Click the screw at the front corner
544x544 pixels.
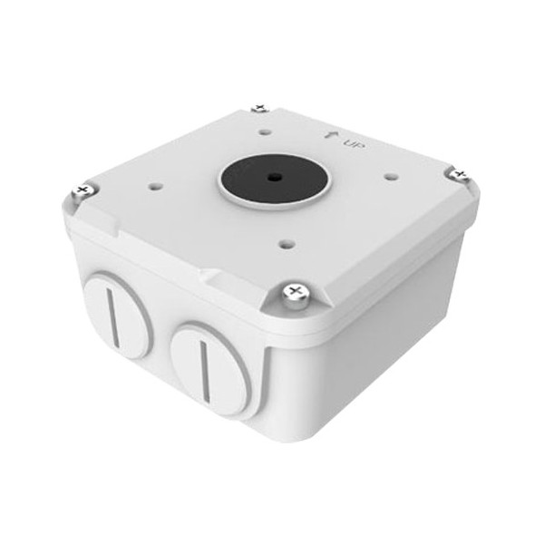pyautogui.click(x=294, y=292)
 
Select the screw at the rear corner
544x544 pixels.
pyautogui.click(x=259, y=109)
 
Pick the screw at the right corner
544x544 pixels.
pyautogui.click(x=458, y=172)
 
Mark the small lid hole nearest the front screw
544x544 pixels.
pyautogui.click(x=287, y=241)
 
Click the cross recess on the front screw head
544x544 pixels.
pyautogui.click(x=294, y=291)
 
